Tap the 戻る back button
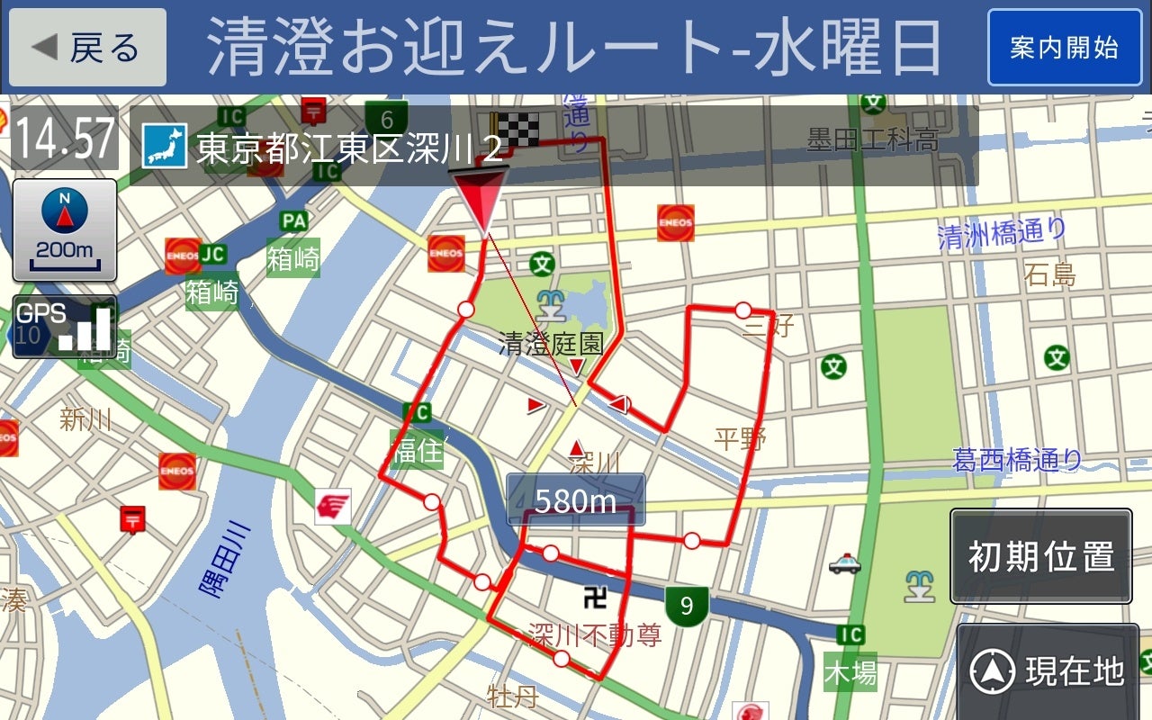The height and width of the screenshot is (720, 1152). pos(87,48)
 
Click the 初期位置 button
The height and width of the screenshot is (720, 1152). pos(1040,556)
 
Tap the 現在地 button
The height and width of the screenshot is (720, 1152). pos(1048,671)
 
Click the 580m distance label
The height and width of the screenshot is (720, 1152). pos(575,500)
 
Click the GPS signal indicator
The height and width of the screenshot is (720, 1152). pos(64,326)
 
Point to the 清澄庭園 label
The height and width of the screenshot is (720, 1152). pos(551,343)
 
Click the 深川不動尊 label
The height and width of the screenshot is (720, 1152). pos(594,635)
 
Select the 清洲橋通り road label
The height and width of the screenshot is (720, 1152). pos(1002,234)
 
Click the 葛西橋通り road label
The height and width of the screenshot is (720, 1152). pos(1017,461)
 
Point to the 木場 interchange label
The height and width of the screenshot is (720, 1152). pos(850,672)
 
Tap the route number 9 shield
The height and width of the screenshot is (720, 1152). pos(687,606)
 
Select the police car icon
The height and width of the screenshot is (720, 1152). pos(844,564)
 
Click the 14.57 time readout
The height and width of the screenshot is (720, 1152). pos(66,139)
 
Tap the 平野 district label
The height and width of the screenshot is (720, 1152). pos(740,439)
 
